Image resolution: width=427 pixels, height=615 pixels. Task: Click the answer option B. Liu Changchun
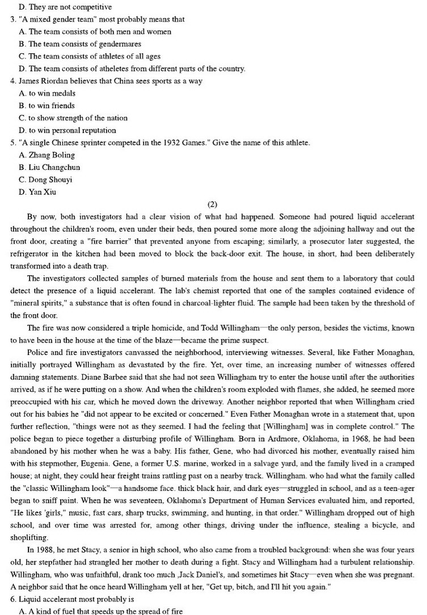click(49, 167)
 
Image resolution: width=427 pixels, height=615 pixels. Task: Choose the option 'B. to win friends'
click(47, 105)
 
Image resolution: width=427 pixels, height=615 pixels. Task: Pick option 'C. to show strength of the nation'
click(73, 118)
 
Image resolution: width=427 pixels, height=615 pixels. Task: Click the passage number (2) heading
click(213, 204)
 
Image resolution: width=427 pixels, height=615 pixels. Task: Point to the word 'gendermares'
click(121, 44)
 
